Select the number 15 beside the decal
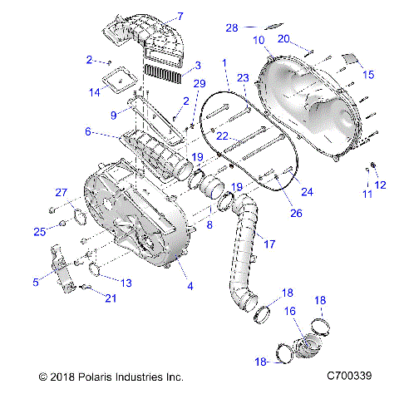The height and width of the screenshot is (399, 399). click(369, 74)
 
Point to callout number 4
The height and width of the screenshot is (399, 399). click(190, 287)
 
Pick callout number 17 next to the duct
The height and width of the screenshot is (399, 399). click(268, 244)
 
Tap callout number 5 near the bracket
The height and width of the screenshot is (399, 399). click(35, 283)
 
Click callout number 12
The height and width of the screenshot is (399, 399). click(381, 185)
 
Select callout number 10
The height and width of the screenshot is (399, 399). click(259, 40)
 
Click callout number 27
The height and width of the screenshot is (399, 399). click(61, 193)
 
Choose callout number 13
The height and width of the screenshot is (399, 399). click(126, 283)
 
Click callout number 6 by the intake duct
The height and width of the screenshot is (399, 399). click(87, 131)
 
